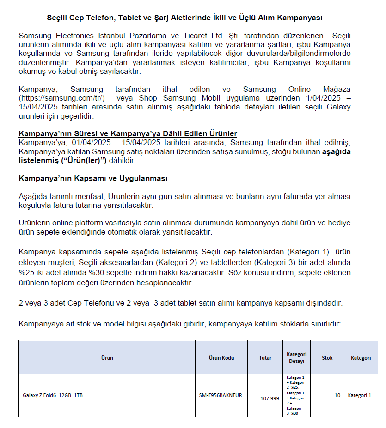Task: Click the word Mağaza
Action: [x=335, y=90]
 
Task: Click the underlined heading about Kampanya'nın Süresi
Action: [x=128, y=134]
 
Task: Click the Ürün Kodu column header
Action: [x=221, y=358]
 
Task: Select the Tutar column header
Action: [x=265, y=358]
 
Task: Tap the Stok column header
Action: [x=327, y=358]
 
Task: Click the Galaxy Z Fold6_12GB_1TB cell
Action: [x=53, y=395]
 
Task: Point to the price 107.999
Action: [x=270, y=398]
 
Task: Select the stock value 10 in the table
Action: [x=337, y=395]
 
